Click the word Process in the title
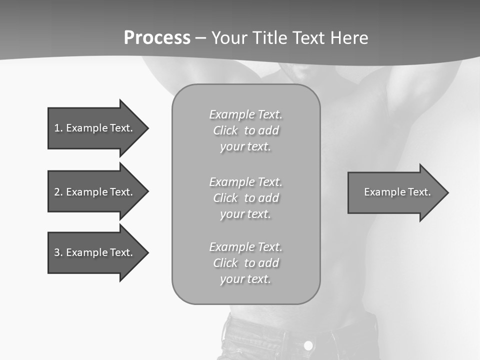[157, 38]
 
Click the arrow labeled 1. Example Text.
[95, 128]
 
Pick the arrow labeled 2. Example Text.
[95, 192]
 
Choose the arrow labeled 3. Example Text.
[95, 252]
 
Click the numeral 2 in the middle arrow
[57, 192]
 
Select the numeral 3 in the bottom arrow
[57, 252]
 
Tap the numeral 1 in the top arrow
[57, 128]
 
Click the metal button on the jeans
[308, 345]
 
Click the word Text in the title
[309, 38]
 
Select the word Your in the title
[229, 38]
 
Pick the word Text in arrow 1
[121, 128]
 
